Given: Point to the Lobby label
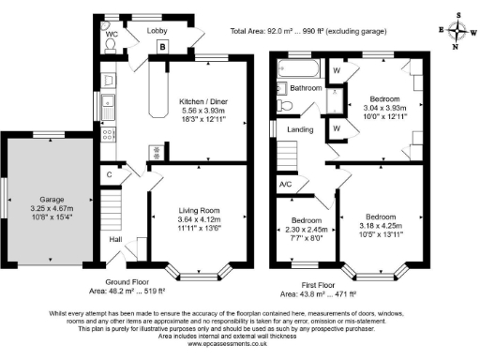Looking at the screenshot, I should click(x=156, y=31).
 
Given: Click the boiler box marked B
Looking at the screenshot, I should click(x=162, y=47).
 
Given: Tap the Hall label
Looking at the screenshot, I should click(x=116, y=240).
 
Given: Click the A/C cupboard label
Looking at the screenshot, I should click(x=286, y=184).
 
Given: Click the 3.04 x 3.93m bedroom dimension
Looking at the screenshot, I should click(x=384, y=107).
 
